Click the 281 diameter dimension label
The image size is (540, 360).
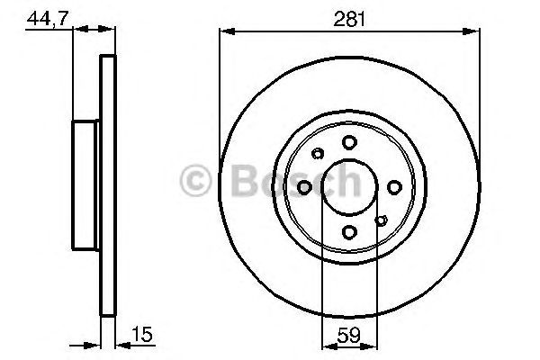point(349,19)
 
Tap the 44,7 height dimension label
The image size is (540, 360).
point(48,18)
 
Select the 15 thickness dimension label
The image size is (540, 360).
point(142,334)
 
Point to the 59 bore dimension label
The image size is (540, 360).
point(349,335)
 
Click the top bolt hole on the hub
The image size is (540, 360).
point(349,142)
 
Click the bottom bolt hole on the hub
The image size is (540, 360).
point(349,232)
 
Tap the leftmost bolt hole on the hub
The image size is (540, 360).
point(304,187)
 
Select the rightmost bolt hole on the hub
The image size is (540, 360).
point(394,187)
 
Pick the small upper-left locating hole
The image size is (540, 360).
point(318,154)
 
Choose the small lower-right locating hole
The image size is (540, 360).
point(382,220)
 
